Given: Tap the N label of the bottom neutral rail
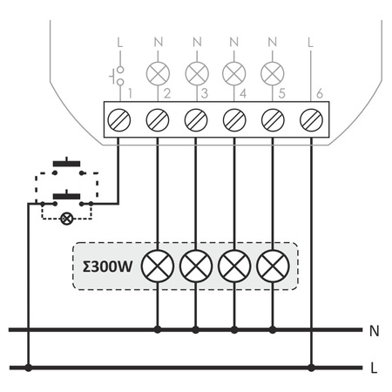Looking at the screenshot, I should tap(374, 331).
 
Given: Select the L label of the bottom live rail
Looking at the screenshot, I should tap(374, 368).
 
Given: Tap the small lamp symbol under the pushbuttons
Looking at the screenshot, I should tap(64, 218).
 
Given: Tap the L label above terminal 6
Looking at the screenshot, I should tap(312, 41).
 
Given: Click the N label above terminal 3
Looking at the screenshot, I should tap(196, 41).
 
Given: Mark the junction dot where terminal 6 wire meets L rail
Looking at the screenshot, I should tap(312, 367).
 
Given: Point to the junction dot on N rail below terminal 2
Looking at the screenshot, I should tap(157, 330).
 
